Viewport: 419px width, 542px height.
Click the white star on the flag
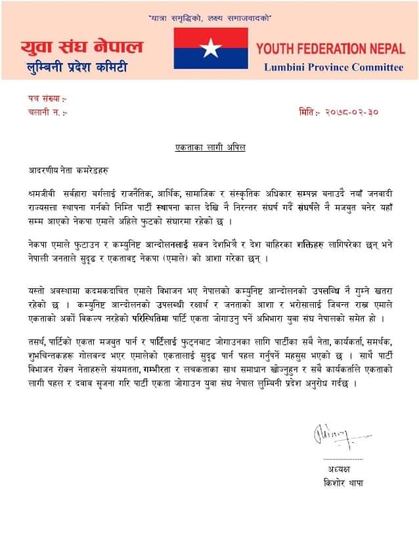coord(211,48)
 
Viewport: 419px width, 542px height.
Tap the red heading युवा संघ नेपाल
coord(81,48)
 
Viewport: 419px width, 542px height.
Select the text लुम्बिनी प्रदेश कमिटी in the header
coord(74,68)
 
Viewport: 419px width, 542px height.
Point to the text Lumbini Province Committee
coord(334,67)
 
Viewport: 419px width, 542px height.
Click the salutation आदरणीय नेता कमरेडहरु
coord(64,169)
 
